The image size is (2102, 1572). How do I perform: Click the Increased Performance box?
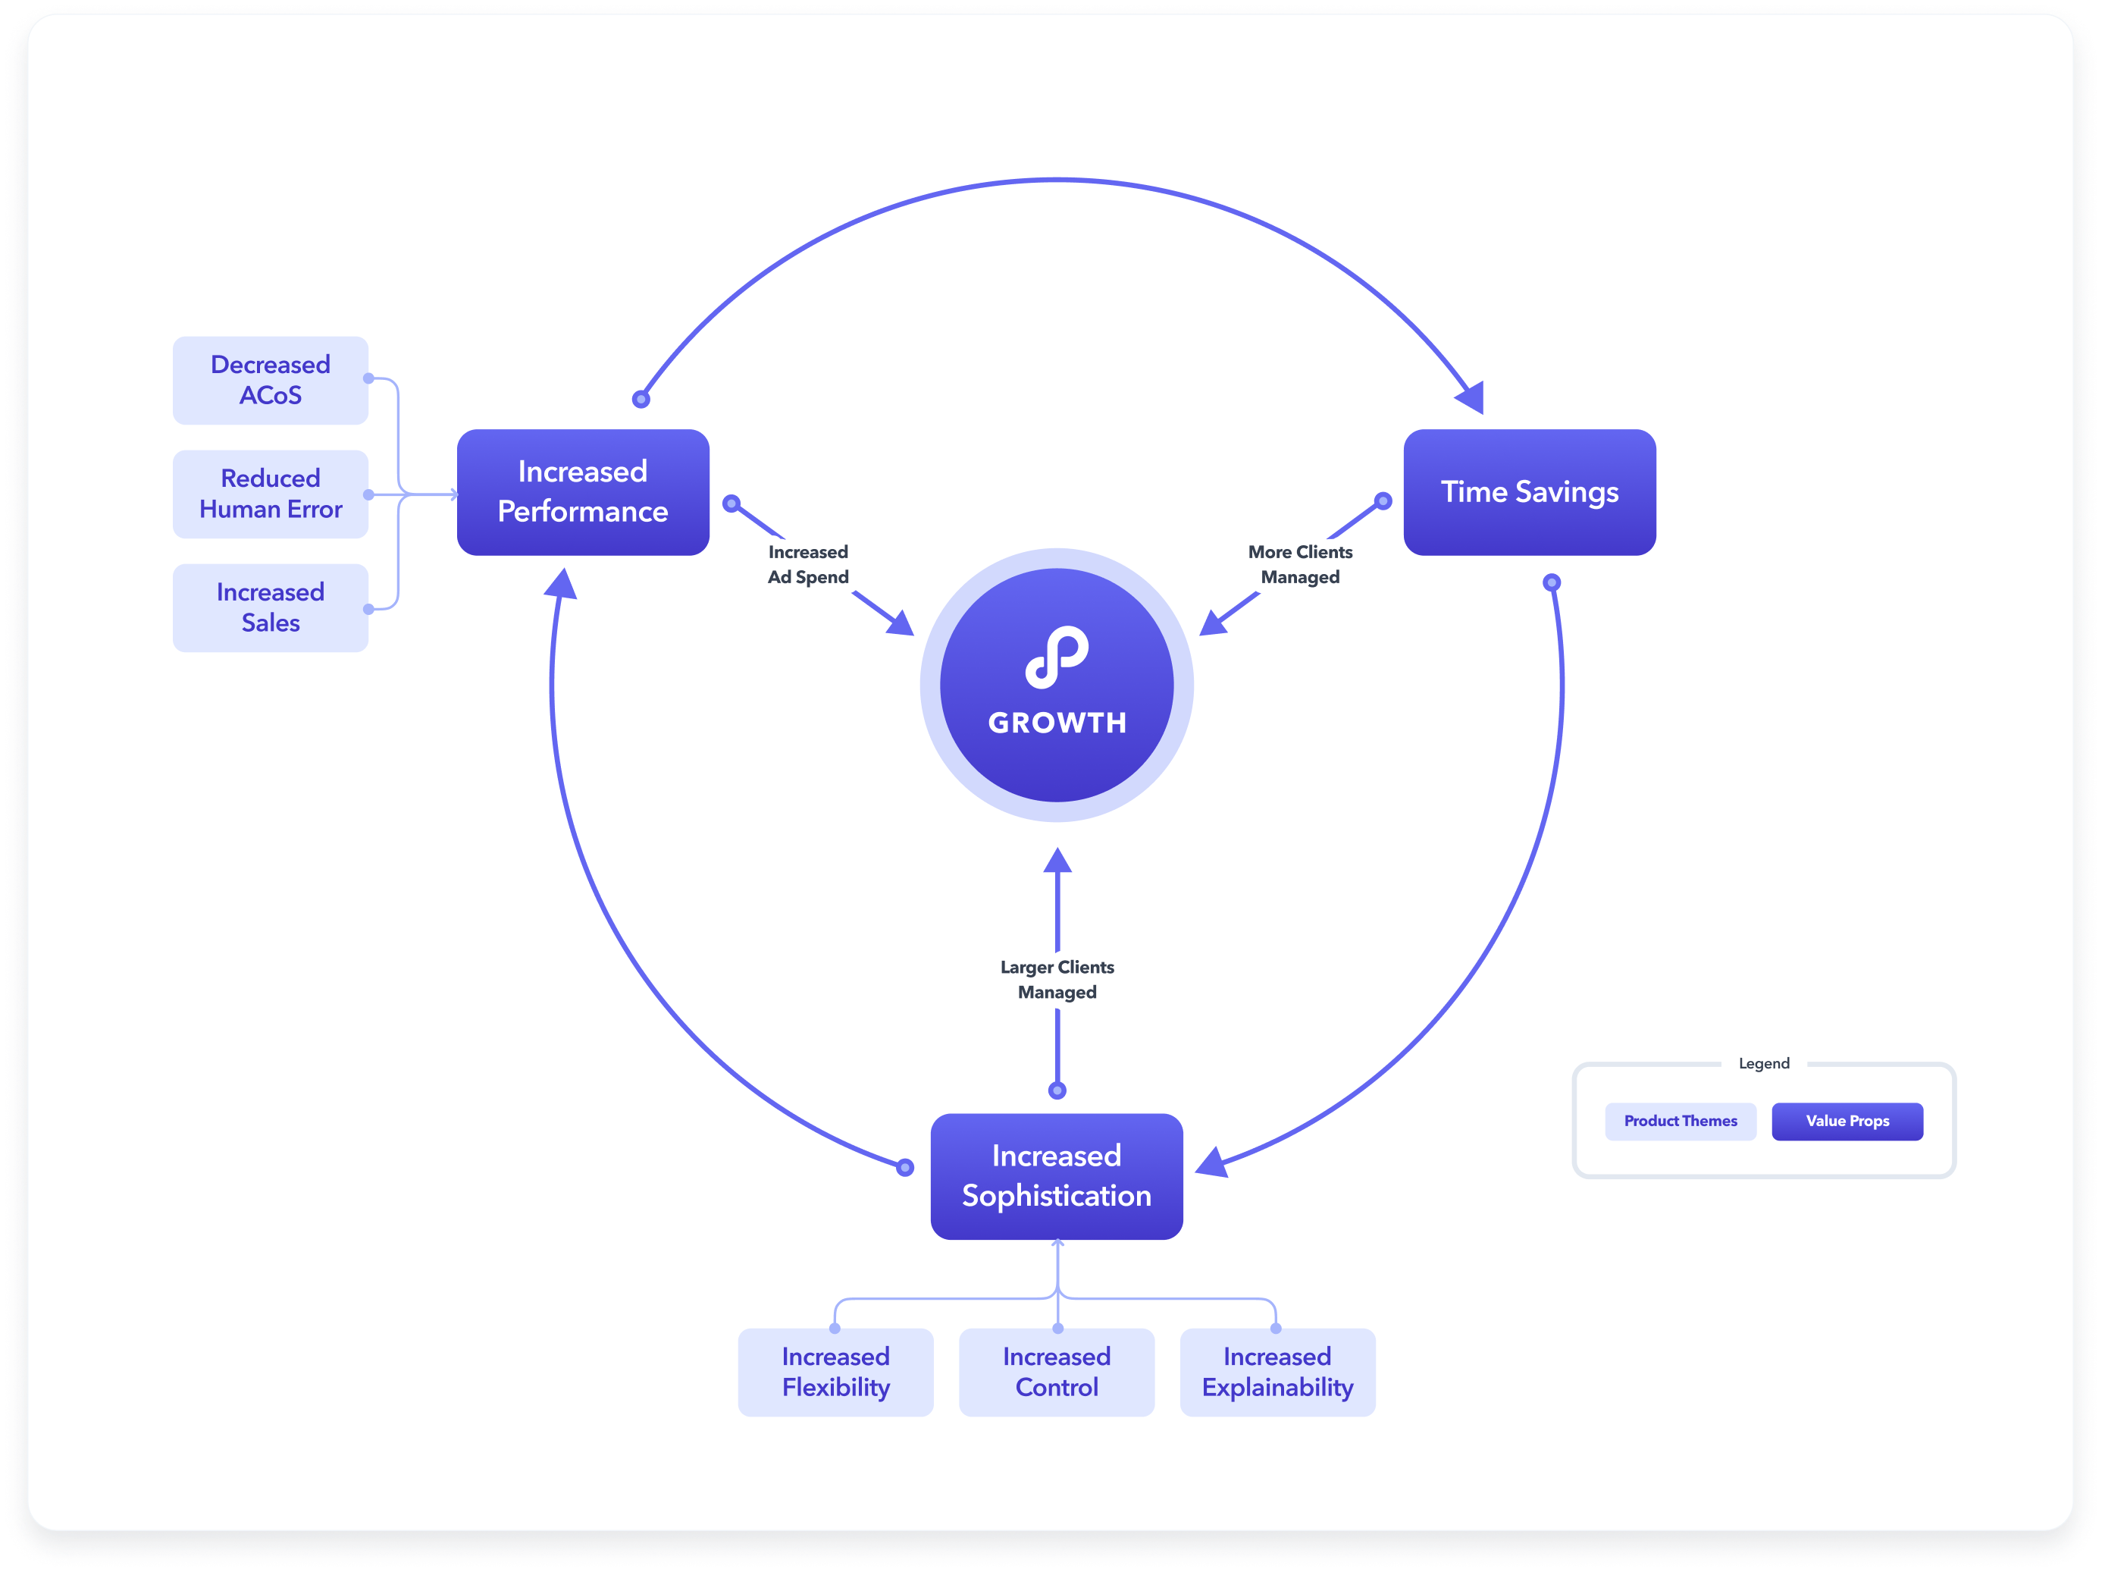(x=582, y=491)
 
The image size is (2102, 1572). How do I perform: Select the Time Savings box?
(x=1529, y=491)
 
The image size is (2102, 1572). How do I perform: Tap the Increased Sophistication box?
(x=1056, y=1175)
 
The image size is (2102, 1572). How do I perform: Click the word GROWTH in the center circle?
(x=1057, y=723)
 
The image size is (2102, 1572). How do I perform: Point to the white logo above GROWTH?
(x=1057, y=656)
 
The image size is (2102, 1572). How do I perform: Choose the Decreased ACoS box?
(x=270, y=380)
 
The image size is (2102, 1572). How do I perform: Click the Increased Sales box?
(x=270, y=607)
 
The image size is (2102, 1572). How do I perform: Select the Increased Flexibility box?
(x=835, y=1372)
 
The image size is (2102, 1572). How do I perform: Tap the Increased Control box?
(x=1057, y=1372)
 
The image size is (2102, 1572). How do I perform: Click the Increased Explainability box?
(x=1277, y=1372)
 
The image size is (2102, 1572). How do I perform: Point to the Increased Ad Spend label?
(x=808, y=564)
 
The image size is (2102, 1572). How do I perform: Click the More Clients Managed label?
(x=1300, y=564)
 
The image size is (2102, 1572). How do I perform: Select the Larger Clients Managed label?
(x=1057, y=979)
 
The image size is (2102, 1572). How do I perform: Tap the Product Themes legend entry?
(x=1680, y=1121)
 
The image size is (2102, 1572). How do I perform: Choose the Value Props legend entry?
(x=1847, y=1121)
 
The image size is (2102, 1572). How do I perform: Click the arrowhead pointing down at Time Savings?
(x=1471, y=397)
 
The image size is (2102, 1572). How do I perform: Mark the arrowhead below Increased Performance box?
(x=562, y=584)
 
